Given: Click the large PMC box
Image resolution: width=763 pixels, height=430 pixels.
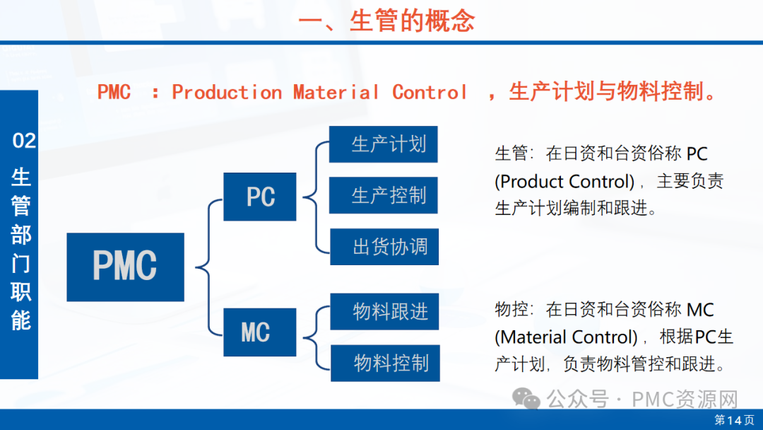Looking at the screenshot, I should click(125, 267).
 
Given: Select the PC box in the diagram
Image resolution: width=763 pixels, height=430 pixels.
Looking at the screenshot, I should click(259, 197).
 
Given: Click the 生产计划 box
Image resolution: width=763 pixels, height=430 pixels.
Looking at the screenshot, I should click(384, 144).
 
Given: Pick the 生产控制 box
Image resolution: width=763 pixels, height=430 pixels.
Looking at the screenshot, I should click(384, 195).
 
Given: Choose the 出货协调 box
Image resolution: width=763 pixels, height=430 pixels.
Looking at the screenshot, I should click(384, 247).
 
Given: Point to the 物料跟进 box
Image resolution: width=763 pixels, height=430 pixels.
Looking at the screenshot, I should click(385, 311).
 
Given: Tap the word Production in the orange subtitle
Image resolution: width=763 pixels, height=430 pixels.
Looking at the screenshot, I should click(227, 93).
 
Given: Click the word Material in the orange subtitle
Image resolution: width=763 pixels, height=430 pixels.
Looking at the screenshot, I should click(336, 93).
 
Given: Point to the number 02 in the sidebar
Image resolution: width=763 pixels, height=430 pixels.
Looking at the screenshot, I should click(24, 141).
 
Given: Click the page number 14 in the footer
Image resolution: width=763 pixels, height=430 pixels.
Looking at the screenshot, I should click(734, 420).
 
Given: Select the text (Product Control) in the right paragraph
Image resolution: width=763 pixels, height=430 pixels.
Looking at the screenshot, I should click(564, 182).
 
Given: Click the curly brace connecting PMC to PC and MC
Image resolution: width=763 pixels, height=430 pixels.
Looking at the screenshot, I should click(205, 267).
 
